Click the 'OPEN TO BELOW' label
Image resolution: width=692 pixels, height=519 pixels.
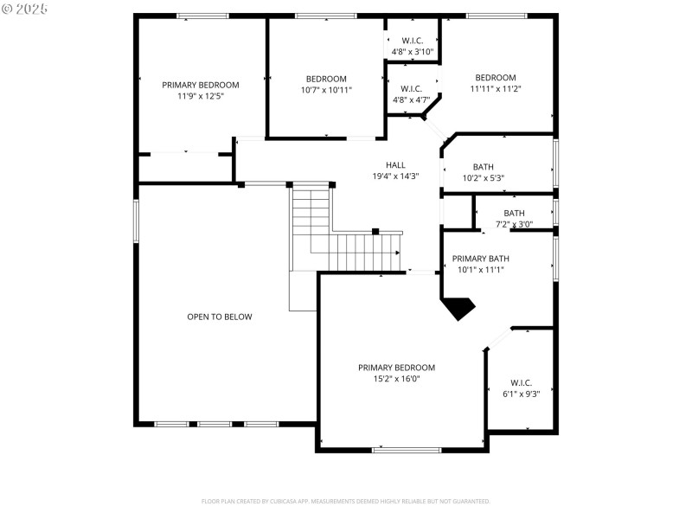[x=220, y=317]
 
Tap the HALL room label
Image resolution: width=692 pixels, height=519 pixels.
[x=395, y=165]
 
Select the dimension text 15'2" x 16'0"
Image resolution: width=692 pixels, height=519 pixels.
[x=396, y=379]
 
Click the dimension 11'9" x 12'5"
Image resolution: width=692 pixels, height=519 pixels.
[x=201, y=97]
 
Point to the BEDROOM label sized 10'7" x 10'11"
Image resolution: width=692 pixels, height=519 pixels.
[x=326, y=79]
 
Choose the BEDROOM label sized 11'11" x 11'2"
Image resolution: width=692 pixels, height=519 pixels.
[x=495, y=78]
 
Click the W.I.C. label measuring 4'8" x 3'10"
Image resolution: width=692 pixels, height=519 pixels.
[x=412, y=41]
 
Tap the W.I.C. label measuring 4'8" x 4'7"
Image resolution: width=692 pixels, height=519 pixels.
[x=412, y=89]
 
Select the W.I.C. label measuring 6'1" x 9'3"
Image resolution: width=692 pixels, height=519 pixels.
[x=521, y=383]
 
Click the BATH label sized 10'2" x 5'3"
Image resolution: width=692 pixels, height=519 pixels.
[x=483, y=168]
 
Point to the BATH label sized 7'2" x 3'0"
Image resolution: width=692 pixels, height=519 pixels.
[x=514, y=214]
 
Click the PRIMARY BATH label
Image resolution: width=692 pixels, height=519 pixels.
[x=480, y=259]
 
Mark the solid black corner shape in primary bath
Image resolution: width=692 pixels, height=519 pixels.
[x=458, y=307]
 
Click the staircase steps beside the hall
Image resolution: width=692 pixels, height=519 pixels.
[x=355, y=251]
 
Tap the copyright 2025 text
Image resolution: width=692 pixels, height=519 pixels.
[x=25, y=9]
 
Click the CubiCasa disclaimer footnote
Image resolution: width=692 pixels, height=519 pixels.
[x=346, y=501]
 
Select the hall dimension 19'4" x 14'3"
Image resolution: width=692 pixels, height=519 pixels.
[x=395, y=176]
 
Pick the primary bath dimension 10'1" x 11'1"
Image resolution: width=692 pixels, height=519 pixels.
[x=480, y=270]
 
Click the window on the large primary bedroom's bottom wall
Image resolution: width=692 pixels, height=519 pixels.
[x=407, y=450]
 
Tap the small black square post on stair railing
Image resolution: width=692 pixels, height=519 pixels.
[x=375, y=231]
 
